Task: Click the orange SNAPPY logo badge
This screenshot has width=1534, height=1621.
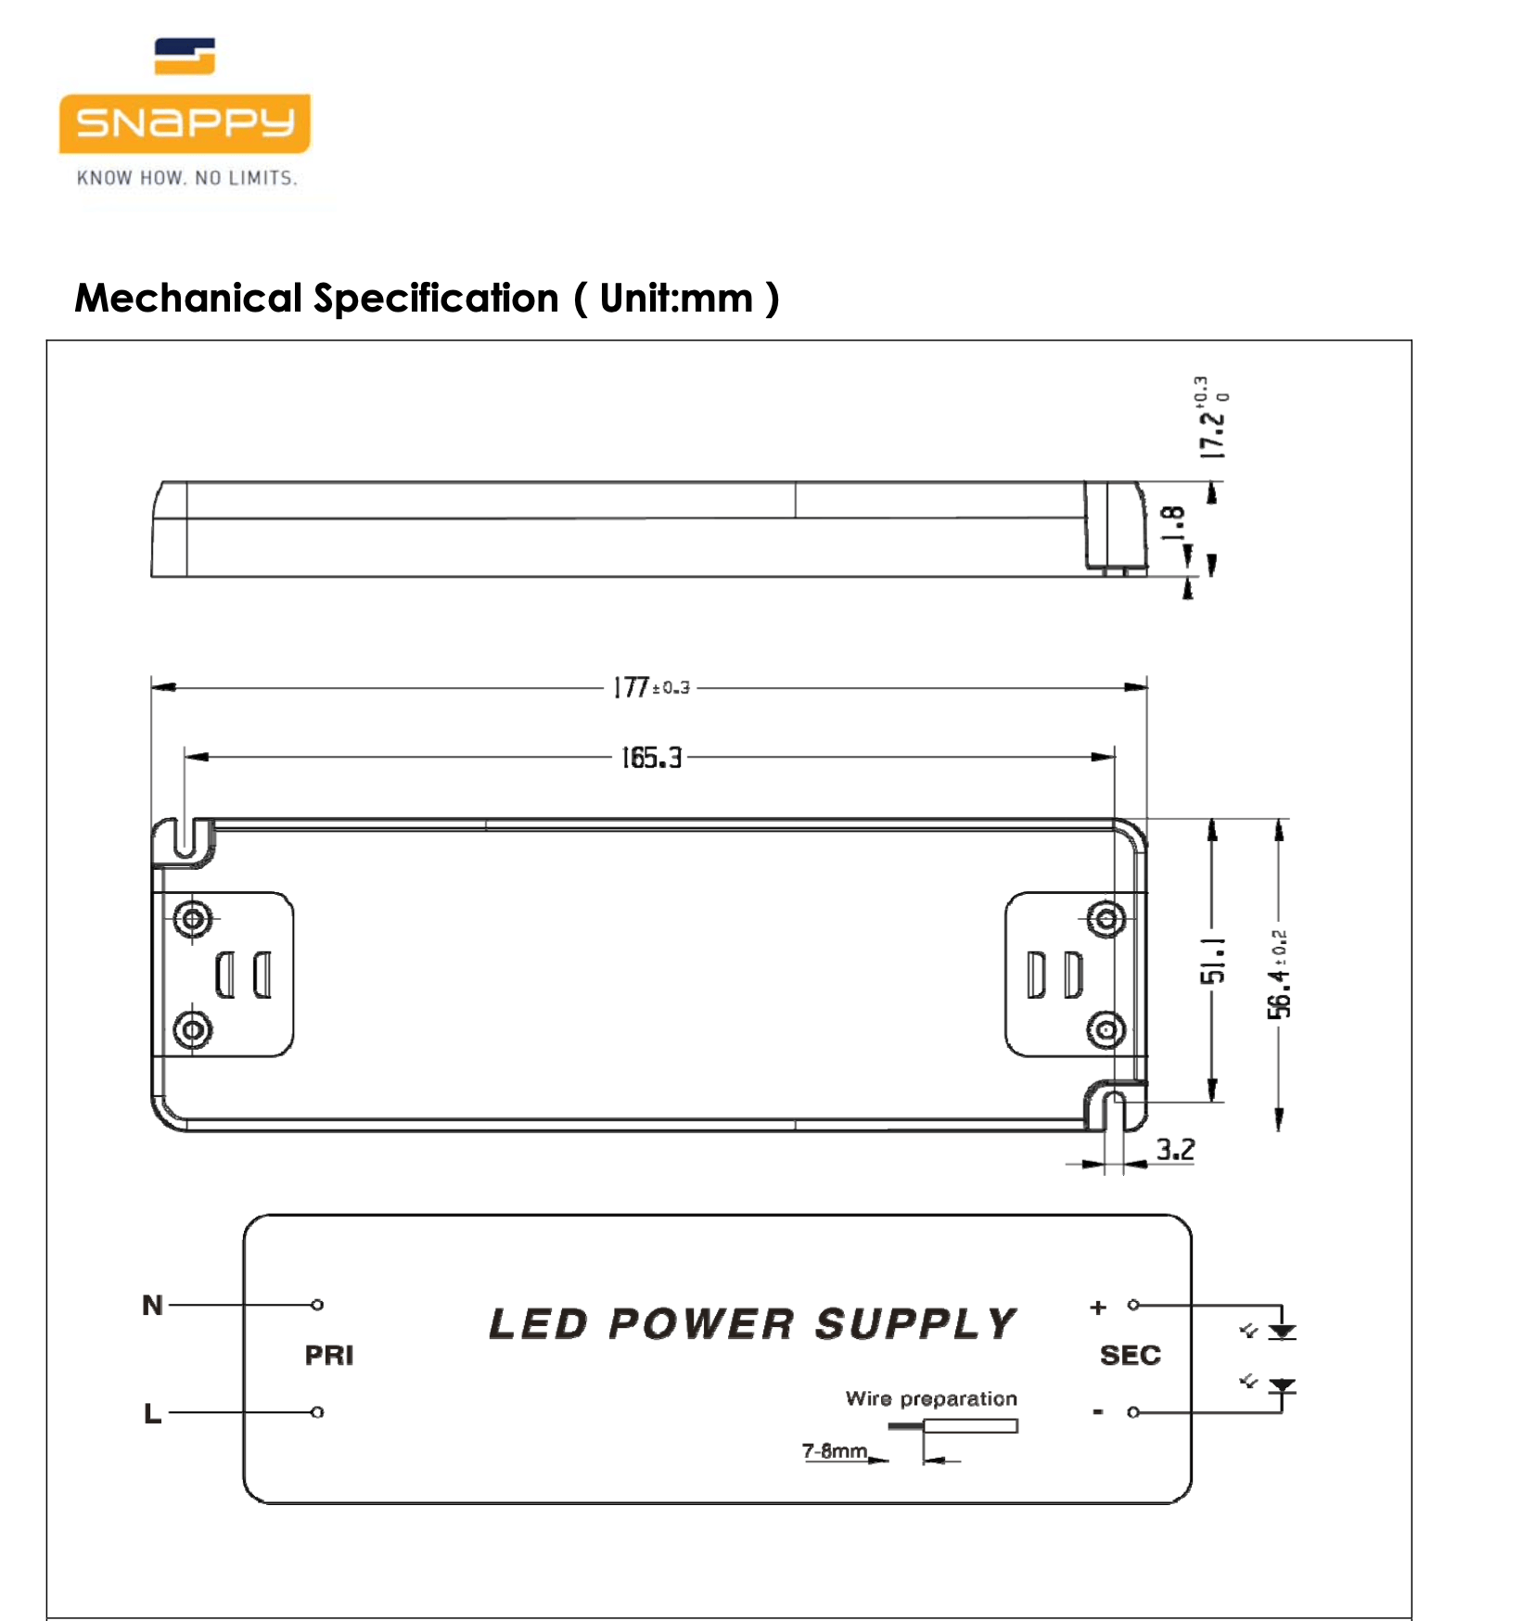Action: [x=185, y=122]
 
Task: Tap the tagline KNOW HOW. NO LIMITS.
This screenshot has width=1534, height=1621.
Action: [x=186, y=178]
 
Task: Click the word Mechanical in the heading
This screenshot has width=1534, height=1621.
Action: [x=188, y=299]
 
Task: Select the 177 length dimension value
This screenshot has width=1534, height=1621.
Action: [x=633, y=687]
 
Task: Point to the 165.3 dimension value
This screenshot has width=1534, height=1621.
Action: [x=651, y=758]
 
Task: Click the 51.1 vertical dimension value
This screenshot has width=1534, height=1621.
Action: [x=1213, y=960]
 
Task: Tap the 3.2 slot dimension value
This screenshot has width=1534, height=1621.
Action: [x=1175, y=1150]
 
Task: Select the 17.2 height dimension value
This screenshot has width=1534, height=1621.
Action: [x=1211, y=432]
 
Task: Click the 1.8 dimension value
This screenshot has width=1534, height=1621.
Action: [x=1174, y=523]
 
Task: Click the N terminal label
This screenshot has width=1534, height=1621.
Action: [x=152, y=1305]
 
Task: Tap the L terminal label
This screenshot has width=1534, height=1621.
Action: [x=152, y=1413]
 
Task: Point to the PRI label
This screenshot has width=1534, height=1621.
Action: [x=329, y=1356]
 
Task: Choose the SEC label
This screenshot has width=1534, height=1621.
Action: [x=1130, y=1356]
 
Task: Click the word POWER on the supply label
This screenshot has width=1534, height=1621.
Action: [x=701, y=1324]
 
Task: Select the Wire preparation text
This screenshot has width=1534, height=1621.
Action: [x=930, y=1398]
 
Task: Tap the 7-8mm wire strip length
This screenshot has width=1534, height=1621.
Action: [x=834, y=1450]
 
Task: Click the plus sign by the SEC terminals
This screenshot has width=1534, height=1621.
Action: [x=1098, y=1307]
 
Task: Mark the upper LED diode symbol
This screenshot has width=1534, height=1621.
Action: [x=1282, y=1332]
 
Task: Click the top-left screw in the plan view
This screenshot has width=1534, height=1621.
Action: [x=193, y=919]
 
